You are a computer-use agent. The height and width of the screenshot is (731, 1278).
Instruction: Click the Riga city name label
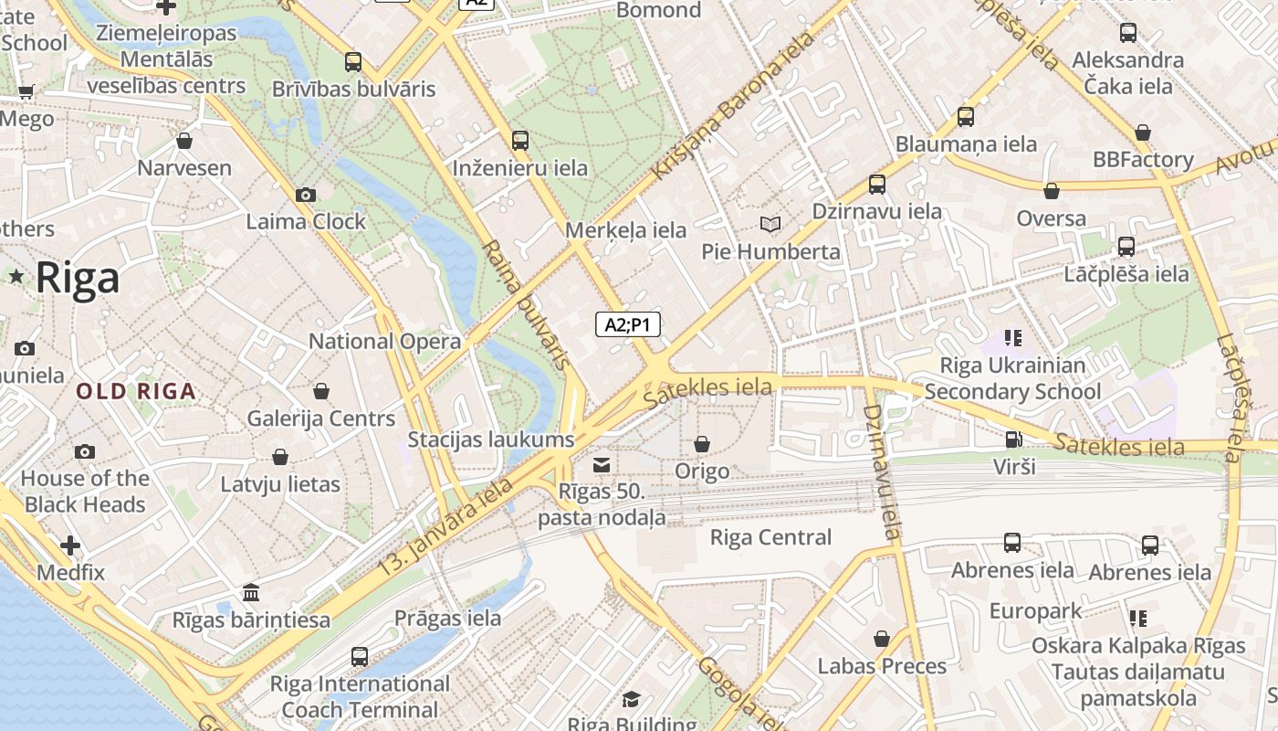pyautogui.click(x=78, y=278)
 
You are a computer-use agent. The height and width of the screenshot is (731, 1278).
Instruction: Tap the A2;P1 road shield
pyautogui.click(x=628, y=324)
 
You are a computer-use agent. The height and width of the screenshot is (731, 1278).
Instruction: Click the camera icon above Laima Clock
pyautogui.click(x=306, y=195)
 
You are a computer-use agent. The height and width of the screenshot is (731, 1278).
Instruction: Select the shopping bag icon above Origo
pyautogui.click(x=701, y=444)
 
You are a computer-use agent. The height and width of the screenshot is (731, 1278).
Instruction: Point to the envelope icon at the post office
pyautogui.click(x=601, y=466)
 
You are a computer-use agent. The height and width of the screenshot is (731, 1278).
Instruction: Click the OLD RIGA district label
pyautogui.click(x=136, y=392)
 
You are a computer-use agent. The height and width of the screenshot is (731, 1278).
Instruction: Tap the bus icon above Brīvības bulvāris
pyautogui.click(x=353, y=62)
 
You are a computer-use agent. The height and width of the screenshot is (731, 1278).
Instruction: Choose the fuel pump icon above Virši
pyautogui.click(x=1013, y=440)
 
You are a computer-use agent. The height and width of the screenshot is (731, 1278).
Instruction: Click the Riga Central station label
pyautogui.click(x=770, y=537)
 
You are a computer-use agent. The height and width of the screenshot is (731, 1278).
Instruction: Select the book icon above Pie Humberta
pyautogui.click(x=770, y=224)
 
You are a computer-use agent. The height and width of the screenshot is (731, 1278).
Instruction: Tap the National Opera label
pyautogui.click(x=384, y=342)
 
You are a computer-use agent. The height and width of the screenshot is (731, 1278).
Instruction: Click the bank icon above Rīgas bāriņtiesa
pyautogui.click(x=251, y=593)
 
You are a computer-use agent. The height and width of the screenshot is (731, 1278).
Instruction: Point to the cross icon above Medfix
pyautogui.click(x=70, y=546)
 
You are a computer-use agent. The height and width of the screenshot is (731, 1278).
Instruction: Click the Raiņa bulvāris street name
pyautogui.click(x=526, y=305)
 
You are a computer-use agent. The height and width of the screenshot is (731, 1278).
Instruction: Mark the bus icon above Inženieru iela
pyautogui.click(x=520, y=141)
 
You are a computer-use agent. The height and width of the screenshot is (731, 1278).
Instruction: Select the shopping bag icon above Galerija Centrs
pyautogui.click(x=320, y=391)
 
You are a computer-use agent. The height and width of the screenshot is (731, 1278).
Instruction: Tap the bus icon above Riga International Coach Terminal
pyautogui.click(x=360, y=656)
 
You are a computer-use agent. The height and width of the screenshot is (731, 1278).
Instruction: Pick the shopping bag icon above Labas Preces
pyautogui.click(x=882, y=639)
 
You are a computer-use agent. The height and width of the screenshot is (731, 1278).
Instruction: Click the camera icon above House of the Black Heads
pyautogui.click(x=85, y=451)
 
